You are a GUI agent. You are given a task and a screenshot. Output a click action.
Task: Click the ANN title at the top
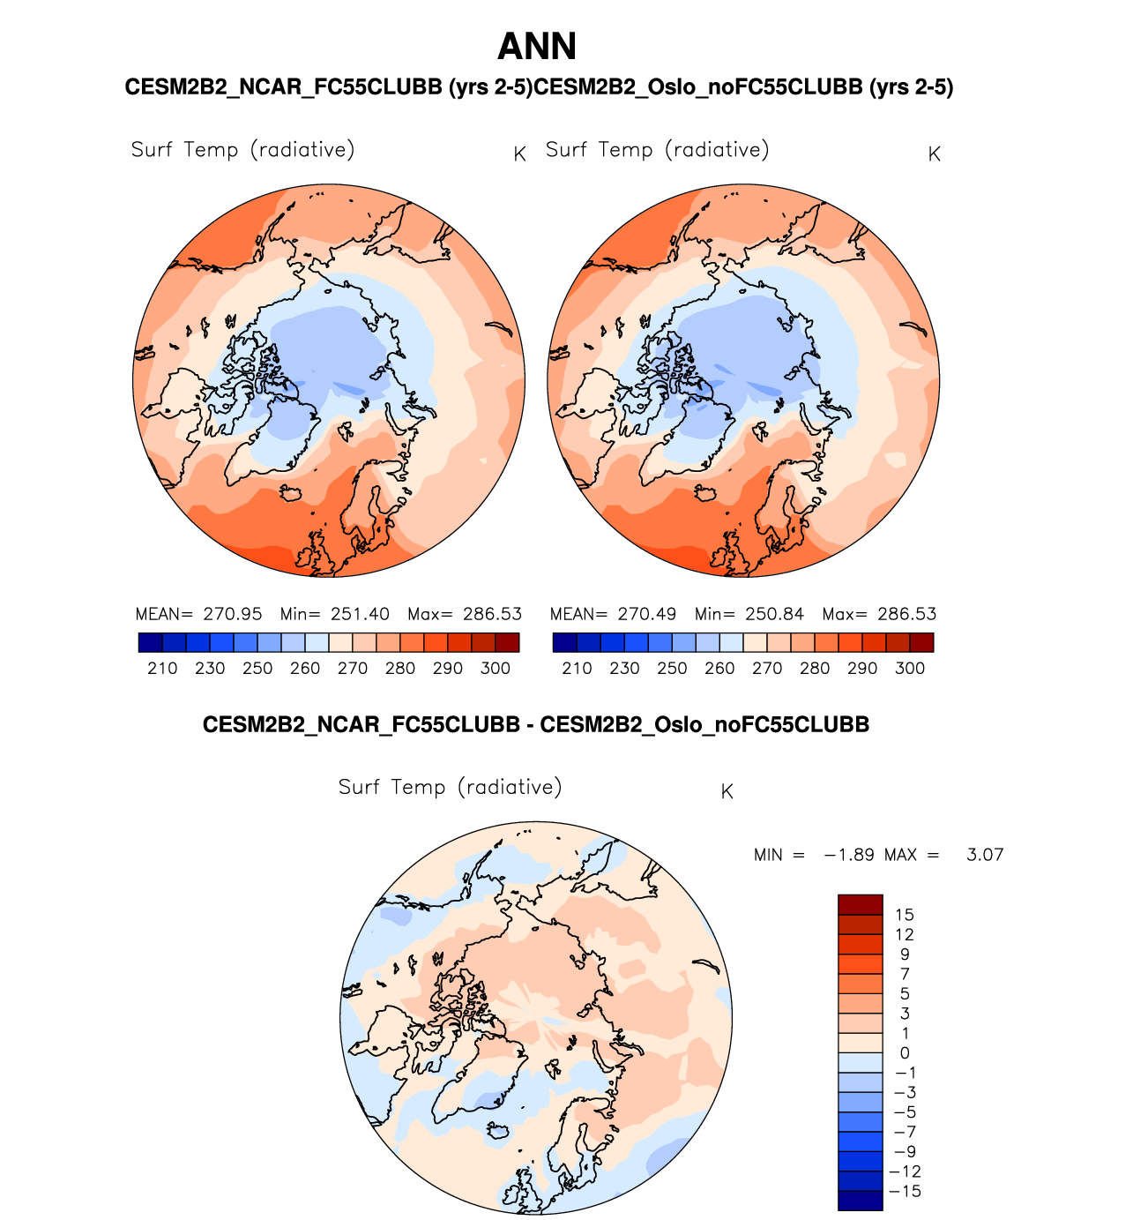[537, 47]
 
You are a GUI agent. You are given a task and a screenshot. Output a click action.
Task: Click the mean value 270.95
[232, 614]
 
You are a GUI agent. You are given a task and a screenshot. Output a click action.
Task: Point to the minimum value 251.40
[360, 614]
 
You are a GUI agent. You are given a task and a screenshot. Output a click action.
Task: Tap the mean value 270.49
[646, 614]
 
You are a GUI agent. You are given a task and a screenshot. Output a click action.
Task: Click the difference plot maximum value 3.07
[985, 855]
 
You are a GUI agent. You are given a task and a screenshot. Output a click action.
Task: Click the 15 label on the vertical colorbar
[904, 915]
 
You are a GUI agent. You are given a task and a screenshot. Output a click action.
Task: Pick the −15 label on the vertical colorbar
[907, 1192]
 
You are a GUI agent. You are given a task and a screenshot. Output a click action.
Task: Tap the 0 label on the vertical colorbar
[905, 1053]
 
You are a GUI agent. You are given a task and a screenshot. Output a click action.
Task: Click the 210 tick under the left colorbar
[163, 669]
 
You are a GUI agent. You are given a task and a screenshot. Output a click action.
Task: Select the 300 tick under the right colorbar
[910, 669]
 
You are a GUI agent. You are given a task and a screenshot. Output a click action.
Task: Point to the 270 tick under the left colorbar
[353, 669]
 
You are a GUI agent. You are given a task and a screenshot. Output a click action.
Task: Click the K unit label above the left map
[520, 154]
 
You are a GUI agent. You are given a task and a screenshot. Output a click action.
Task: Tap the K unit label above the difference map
[727, 792]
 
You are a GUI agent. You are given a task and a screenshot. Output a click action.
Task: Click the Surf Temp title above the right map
[657, 150]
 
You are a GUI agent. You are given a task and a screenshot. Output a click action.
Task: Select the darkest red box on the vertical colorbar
[860, 905]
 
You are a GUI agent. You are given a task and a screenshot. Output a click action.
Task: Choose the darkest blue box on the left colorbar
[151, 643]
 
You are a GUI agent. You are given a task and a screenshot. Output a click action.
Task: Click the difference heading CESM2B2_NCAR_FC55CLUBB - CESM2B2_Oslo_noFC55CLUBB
[536, 725]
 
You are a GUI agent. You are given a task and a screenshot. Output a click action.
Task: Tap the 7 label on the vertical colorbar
[905, 974]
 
